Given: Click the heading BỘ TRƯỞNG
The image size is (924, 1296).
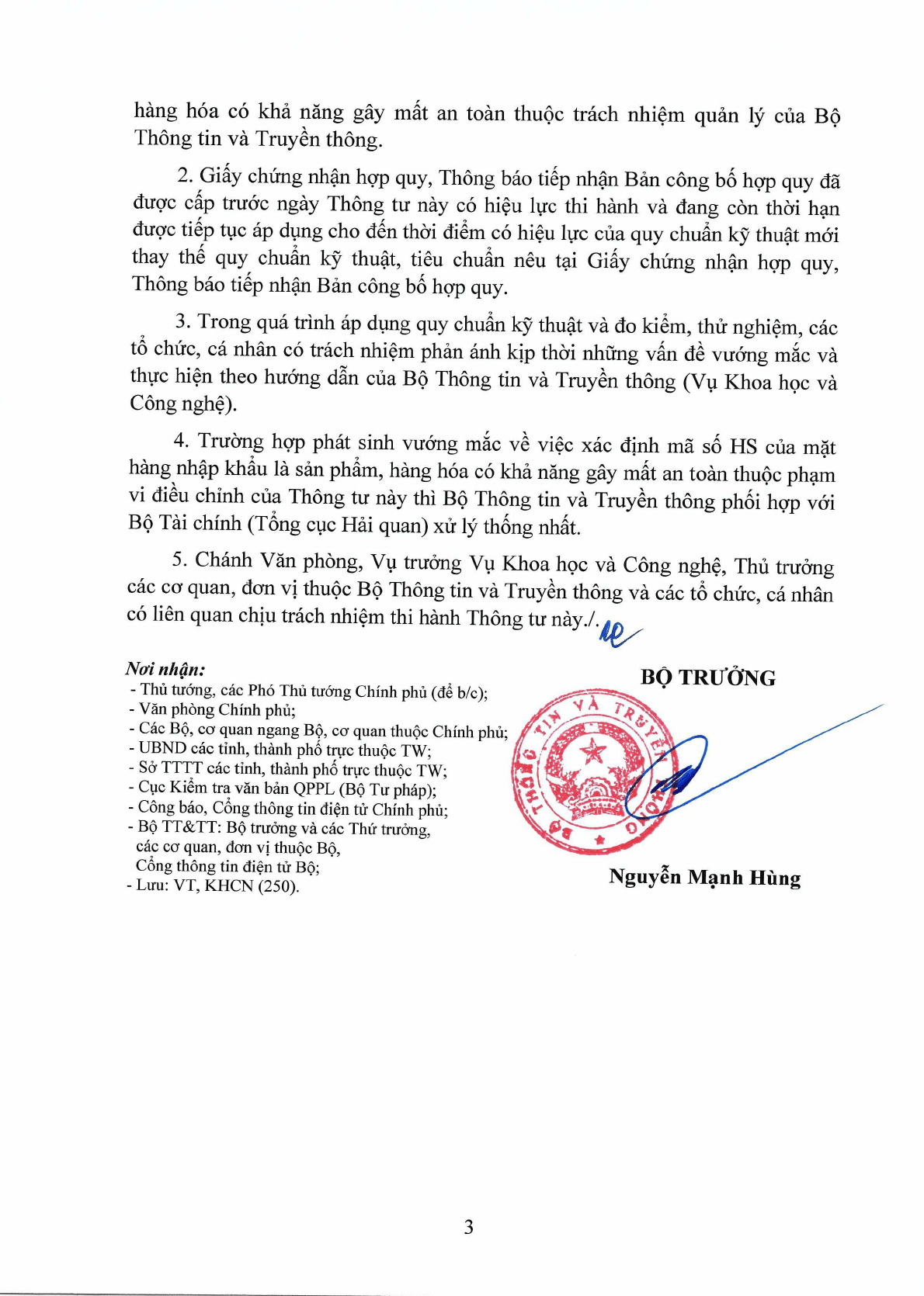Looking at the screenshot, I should (x=707, y=677).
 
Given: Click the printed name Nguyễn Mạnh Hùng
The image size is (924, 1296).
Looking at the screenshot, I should (x=704, y=878).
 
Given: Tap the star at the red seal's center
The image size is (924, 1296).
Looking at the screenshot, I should (x=595, y=750).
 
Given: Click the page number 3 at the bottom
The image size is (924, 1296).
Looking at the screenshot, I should (x=468, y=1227).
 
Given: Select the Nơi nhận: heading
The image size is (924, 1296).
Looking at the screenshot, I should (x=165, y=669).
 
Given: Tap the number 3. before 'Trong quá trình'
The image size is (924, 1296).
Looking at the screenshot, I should (x=182, y=321).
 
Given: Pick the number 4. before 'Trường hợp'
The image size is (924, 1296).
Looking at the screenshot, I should (x=181, y=441).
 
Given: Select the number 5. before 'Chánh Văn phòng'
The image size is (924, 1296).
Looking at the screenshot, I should (x=179, y=560).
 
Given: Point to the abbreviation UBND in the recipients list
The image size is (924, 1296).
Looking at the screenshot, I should (x=162, y=748).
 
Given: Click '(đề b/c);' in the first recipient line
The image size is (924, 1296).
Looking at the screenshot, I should (x=461, y=692).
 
